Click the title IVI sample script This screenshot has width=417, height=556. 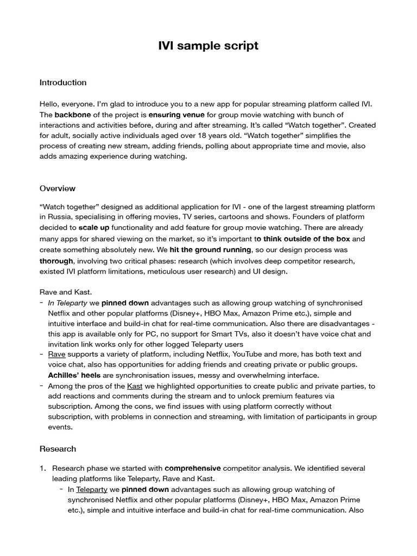[x=208, y=46]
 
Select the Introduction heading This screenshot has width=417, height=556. [x=63, y=83]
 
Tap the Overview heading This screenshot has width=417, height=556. [x=58, y=188]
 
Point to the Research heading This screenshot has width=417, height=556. [x=58, y=449]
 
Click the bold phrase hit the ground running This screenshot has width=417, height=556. [x=210, y=250]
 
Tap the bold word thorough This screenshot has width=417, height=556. [x=56, y=261]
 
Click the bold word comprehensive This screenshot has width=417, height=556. [x=193, y=468]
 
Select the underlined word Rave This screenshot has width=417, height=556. [x=56, y=354]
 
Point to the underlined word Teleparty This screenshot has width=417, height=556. [x=92, y=489]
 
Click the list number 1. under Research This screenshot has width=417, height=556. [x=43, y=468]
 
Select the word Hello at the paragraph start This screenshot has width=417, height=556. [x=50, y=104]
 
